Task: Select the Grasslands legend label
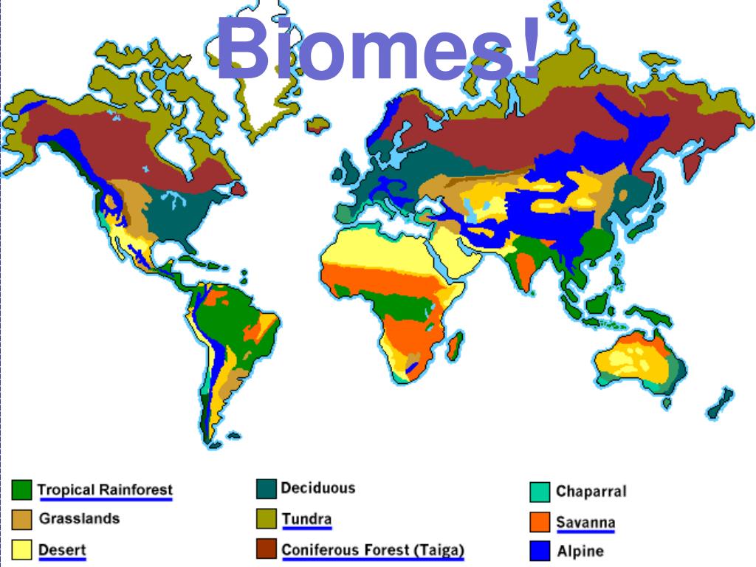pyautogui.click(x=79, y=518)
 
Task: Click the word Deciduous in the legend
pyautogui.click(x=317, y=488)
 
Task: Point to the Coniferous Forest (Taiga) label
pyautogui.click(x=373, y=550)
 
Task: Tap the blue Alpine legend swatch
pyautogui.click(x=540, y=551)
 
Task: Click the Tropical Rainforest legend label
pyautogui.click(x=105, y=489)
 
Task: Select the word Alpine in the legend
pyautogui.click(x=580, y=551)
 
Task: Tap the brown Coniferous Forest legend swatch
pyautogui.click(x=267, y=549)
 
